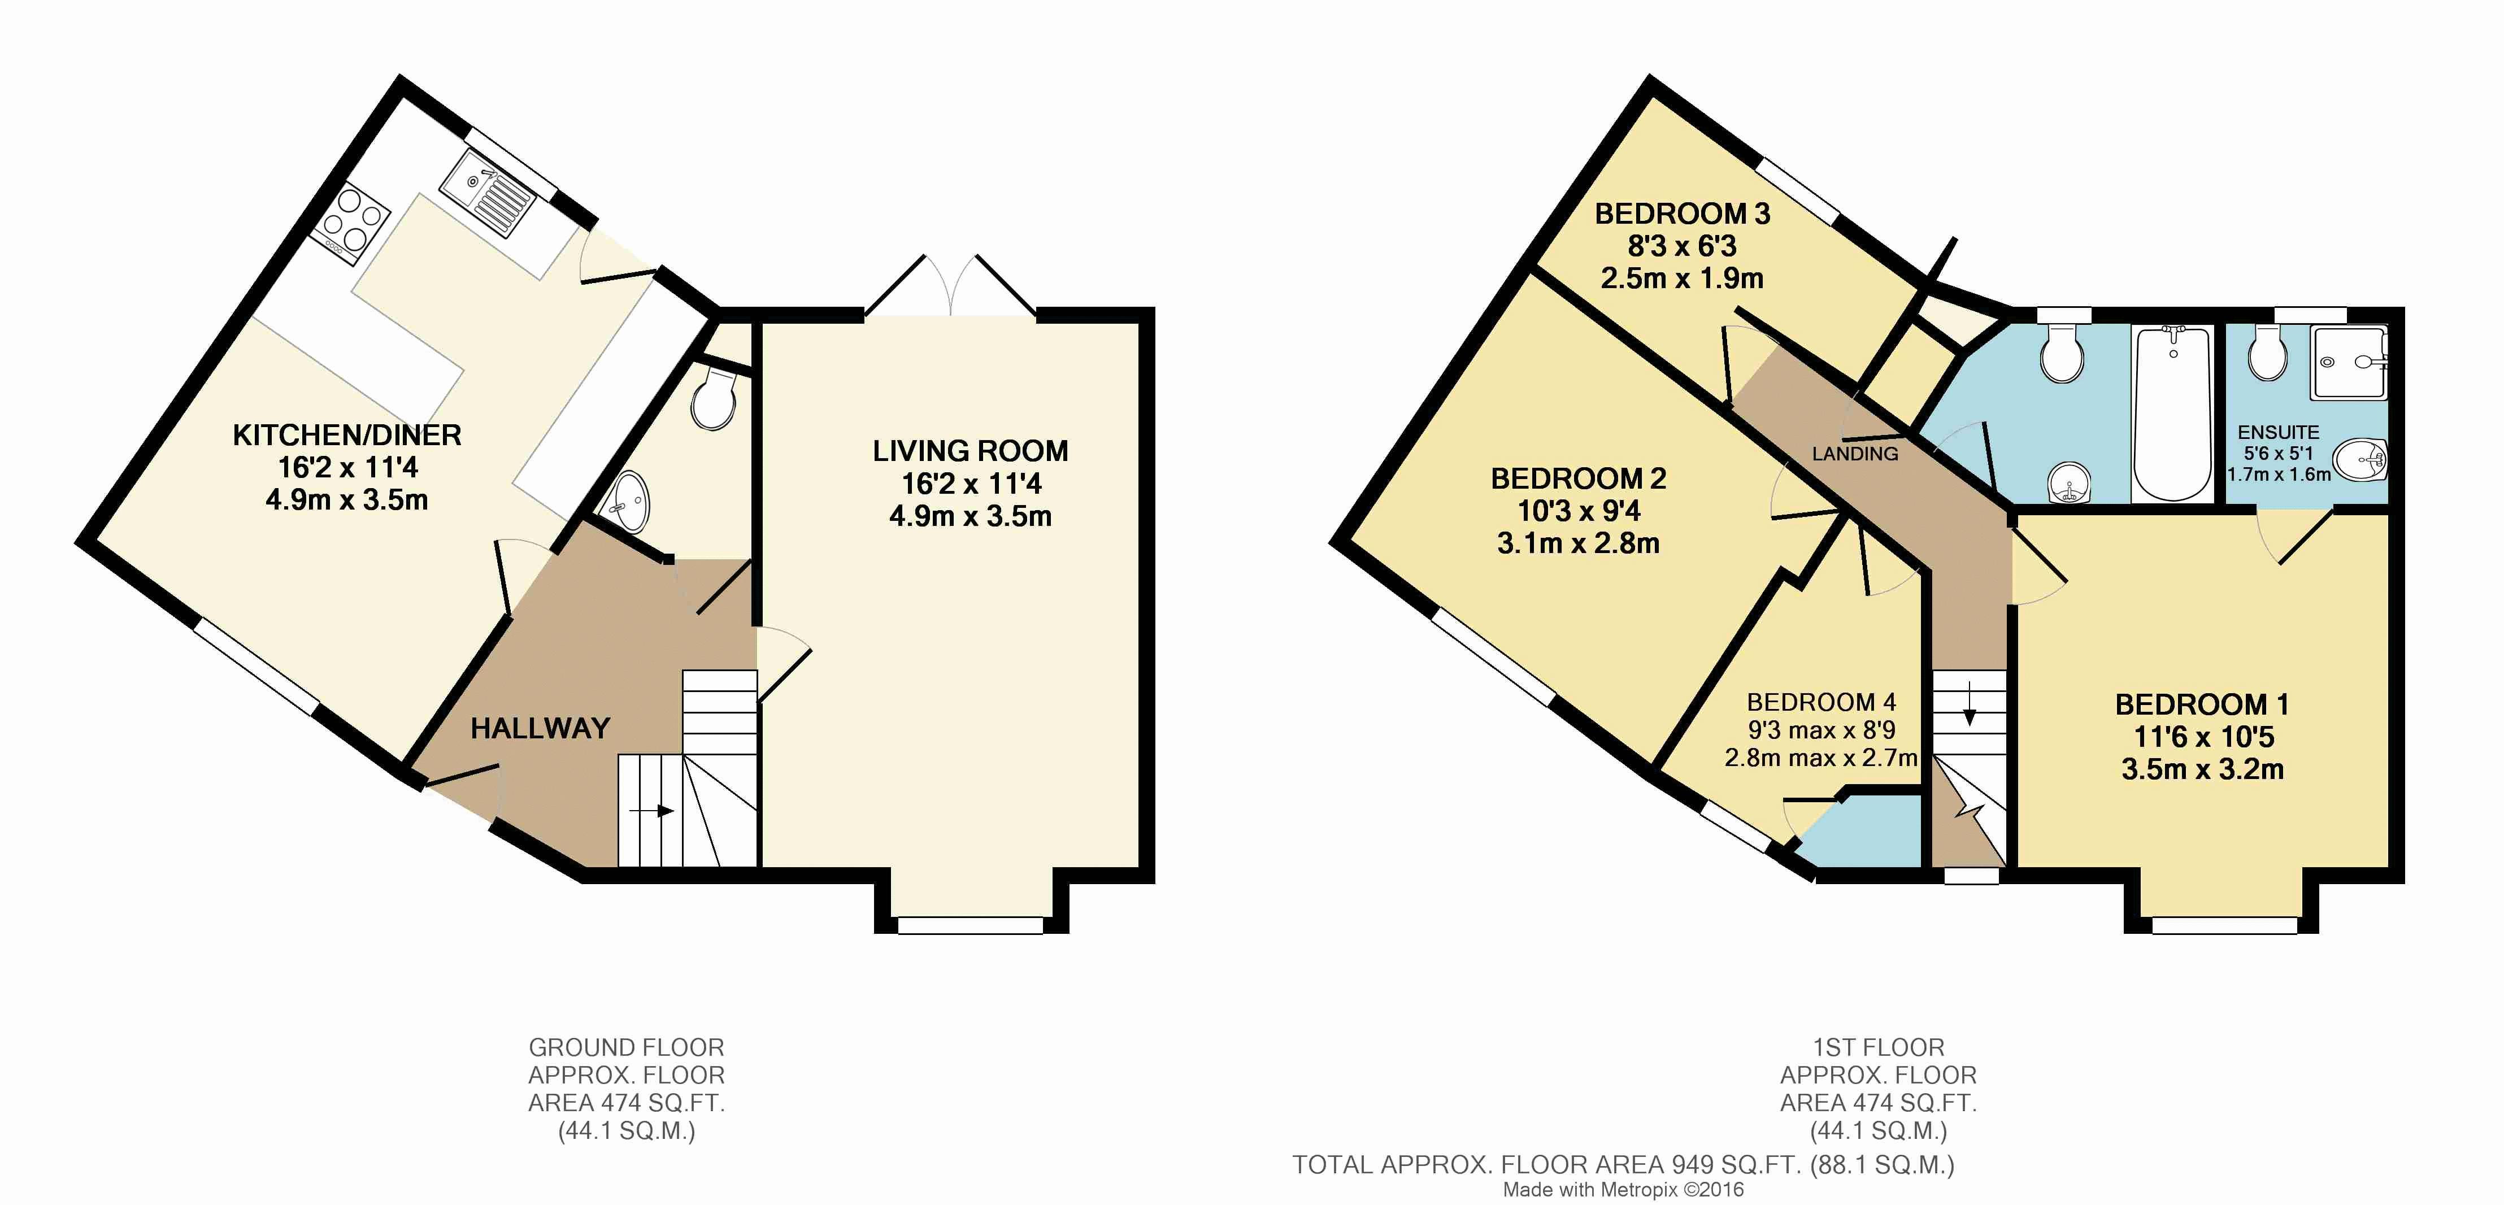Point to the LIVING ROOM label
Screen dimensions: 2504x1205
970,451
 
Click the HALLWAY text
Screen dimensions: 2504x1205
541,728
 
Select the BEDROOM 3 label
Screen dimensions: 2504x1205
1683,214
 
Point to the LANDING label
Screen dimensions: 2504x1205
1855,454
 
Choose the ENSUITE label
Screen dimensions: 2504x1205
2279,432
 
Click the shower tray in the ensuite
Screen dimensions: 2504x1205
2349,363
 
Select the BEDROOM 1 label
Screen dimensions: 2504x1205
2202,704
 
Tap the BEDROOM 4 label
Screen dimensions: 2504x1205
1820,703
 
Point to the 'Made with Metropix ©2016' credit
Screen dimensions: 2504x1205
1623,1189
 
